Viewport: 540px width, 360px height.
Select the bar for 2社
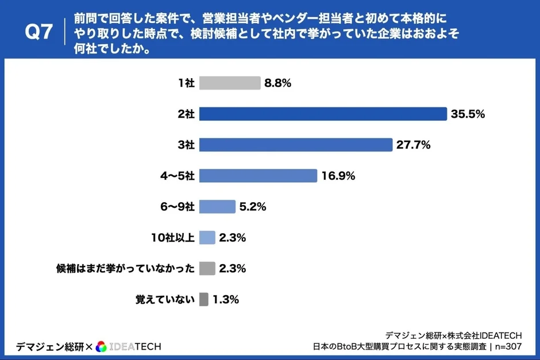322,114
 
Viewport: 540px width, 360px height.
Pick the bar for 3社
295,145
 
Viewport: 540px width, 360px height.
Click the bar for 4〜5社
258,176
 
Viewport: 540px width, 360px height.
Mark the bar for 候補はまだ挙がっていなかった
207,268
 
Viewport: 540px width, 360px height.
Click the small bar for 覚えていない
203,299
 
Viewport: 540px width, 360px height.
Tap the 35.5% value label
468,114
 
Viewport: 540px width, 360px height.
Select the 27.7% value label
413,145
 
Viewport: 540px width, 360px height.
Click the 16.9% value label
338,176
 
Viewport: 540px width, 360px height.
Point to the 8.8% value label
278,83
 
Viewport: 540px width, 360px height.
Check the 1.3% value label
226,299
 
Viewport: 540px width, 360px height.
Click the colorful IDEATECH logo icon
101,346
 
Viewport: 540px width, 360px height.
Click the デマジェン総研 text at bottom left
49,346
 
